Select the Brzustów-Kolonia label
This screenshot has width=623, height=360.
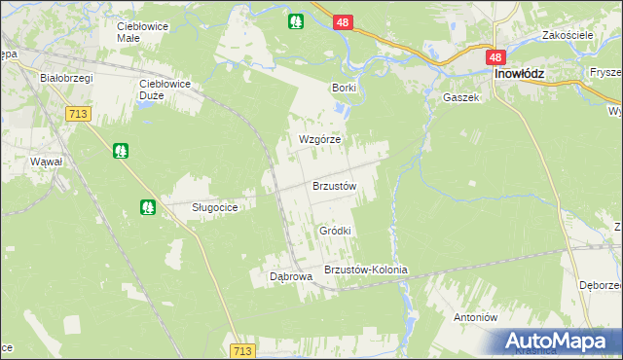coord(365,270)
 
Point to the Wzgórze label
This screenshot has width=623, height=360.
coord(319,139)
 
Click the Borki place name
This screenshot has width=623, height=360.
coord(344,88)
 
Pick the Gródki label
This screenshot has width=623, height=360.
coord(334,231)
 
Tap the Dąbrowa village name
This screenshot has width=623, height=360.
coord(290,276)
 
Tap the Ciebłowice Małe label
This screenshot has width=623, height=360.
coord(142,32)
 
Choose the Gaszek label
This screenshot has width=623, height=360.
coord(460,98)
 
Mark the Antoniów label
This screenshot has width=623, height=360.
coord(476,317)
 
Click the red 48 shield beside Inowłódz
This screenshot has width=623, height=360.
coord(495,58)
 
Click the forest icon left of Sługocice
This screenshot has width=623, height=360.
coord(147,206)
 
